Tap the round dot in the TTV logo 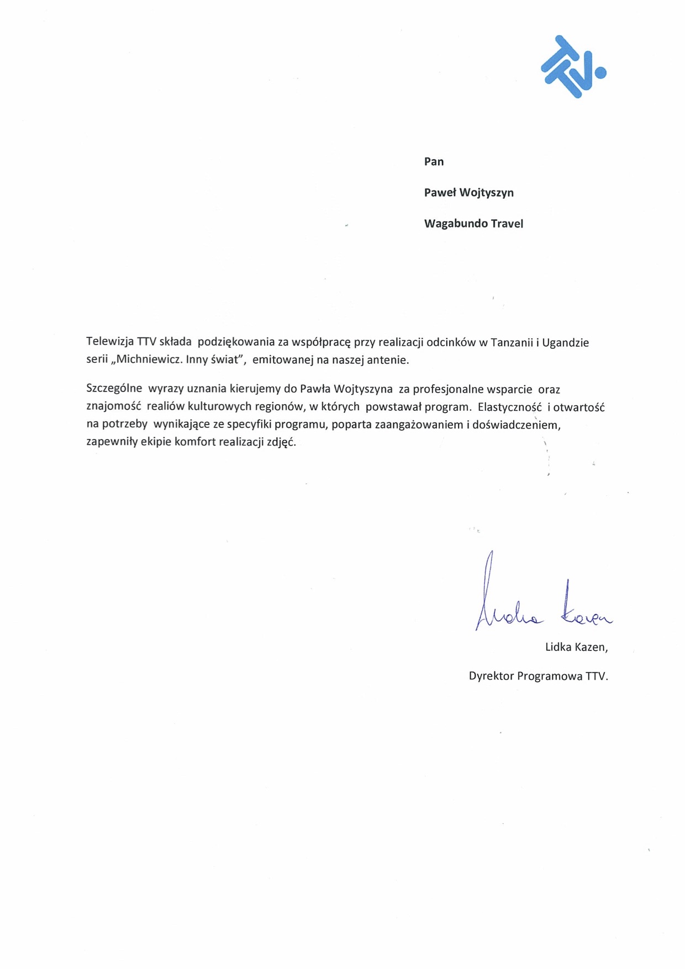(600, 72)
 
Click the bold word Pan (434, 161)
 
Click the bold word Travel (507, 224)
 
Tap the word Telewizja (110, 343)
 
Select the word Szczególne (114, 389)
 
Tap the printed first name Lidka (558, 647)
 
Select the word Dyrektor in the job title (491, 676)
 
